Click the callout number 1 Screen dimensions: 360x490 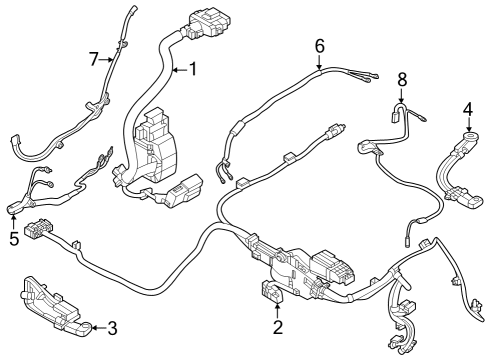[194, 70]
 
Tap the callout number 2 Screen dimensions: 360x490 [277, 325]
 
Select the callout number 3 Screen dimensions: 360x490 [112, 326]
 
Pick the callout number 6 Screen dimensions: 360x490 [319, 46]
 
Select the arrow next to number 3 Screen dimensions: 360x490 [98, 326]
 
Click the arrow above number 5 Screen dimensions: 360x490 [14, 220]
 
